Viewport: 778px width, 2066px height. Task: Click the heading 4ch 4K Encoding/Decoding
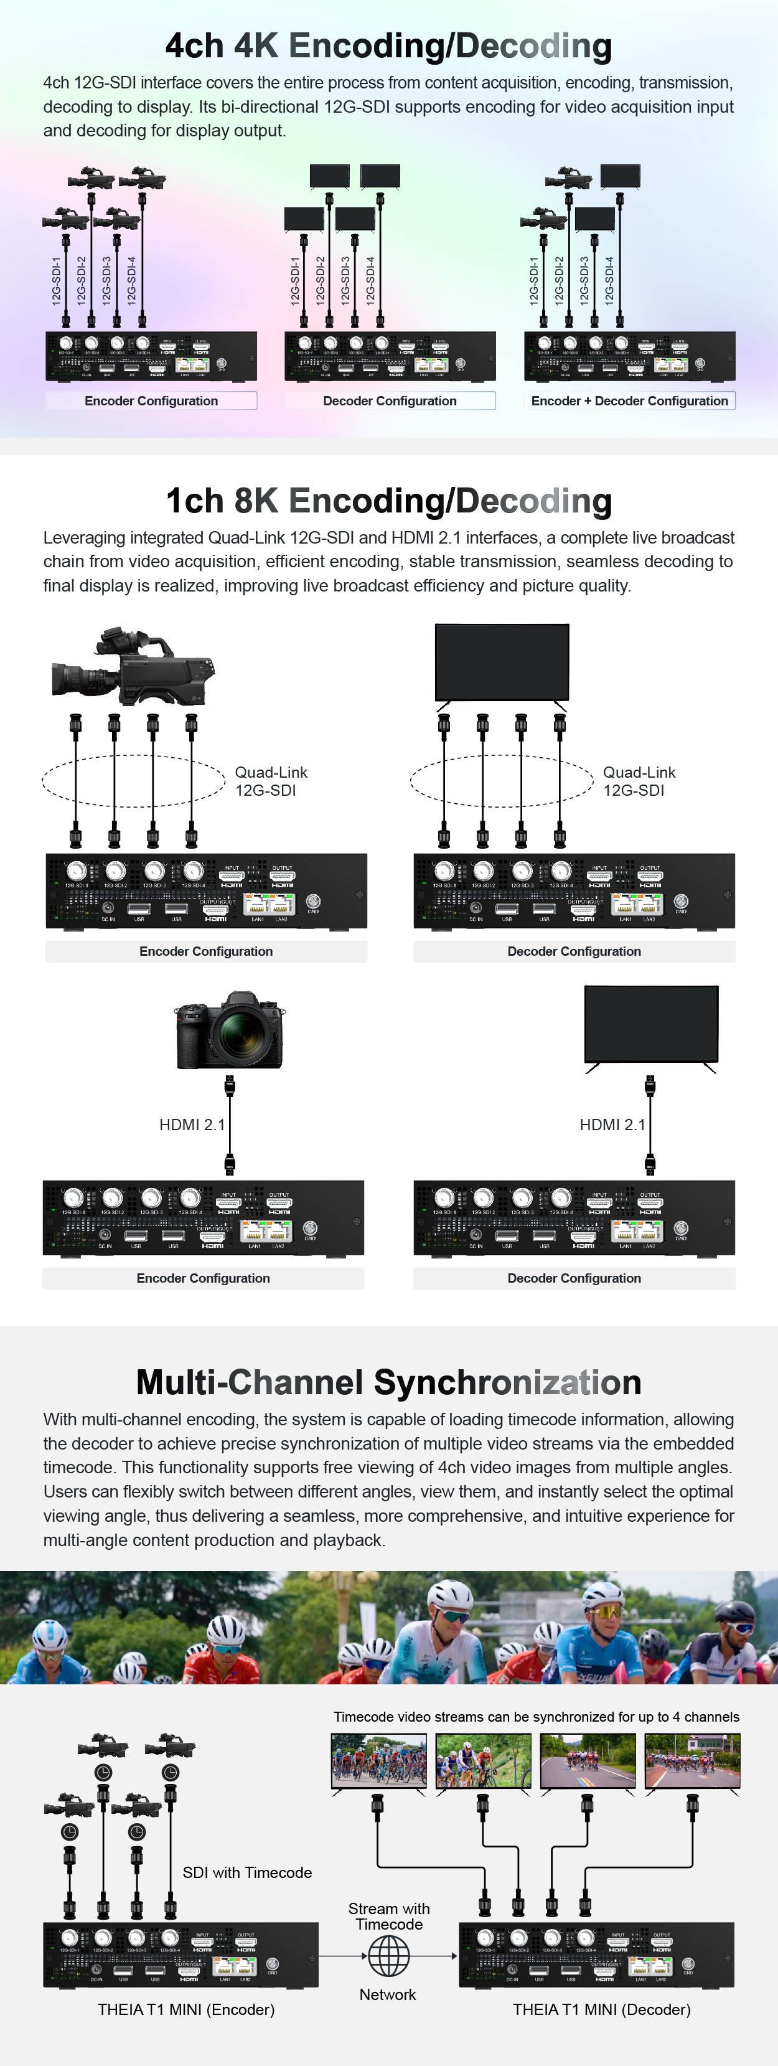(x=388, y=47)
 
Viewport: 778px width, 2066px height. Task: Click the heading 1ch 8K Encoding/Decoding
(x=388, y=501)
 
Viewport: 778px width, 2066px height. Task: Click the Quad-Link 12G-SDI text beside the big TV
(x=639, y=781)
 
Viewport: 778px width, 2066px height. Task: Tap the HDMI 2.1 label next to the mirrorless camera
(x=192, y=1125)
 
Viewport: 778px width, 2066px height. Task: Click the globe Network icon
(x=388, y=1956)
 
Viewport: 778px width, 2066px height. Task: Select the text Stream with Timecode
(x=388, y=1916)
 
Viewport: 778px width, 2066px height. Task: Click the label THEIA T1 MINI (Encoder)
(x=186, y=2010)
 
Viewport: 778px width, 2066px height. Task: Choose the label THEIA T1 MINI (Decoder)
(x=601, y=2010)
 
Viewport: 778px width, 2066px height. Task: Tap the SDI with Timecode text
(x=247, y=1873)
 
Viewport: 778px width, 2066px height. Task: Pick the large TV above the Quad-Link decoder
(x=502, y=663)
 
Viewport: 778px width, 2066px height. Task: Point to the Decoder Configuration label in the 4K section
(x=390, y=401)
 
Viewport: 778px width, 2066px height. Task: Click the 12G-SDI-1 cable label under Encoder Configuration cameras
(x=56, y=281)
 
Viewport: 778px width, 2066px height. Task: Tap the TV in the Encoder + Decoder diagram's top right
(x=620, y=176)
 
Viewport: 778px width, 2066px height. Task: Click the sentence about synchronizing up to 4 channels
(x=536, y=1716)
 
